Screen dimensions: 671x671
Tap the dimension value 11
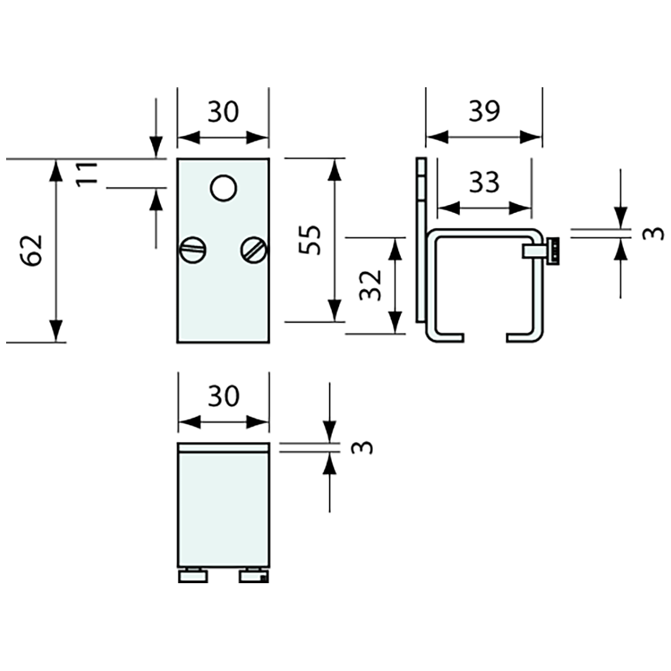coord(88,174)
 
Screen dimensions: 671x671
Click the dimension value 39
coord(484,110)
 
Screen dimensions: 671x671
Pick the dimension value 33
coord(485,182)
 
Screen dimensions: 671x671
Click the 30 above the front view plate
coord(223,112)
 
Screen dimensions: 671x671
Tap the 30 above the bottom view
coord(223,396)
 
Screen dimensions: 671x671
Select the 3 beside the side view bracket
coord(653,234)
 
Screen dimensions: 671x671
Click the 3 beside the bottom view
coord(362,447)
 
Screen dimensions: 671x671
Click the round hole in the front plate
coord(223,187)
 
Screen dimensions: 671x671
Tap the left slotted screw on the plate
coord(193,249)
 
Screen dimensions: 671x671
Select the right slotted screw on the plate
coord(254,249)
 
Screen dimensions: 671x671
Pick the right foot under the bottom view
coord(253,575)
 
